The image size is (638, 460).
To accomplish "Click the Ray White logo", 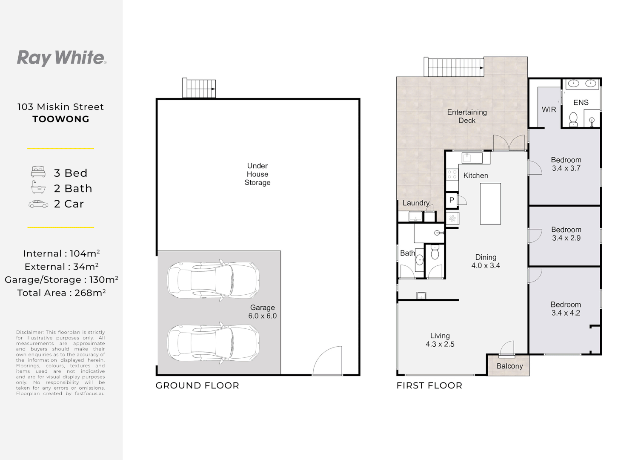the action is coord(62,58).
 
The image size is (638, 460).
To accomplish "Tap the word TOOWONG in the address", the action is coord(61,119).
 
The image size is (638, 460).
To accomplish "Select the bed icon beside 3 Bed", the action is coord(38,172).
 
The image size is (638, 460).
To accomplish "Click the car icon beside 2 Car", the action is coord(38,204).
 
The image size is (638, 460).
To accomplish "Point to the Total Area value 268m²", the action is coord(90,293).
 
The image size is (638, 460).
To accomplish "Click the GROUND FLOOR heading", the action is coord(197,385).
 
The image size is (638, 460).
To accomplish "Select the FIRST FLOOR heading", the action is coord(429,385).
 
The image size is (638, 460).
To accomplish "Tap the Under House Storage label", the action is coord(257,174).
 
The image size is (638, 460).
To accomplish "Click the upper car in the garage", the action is coord(213,280).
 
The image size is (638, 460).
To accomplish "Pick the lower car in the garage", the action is coord(213,343).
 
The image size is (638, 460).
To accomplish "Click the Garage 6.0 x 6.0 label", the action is coord(262,312).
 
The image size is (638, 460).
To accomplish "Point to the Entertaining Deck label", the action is coord(467,116).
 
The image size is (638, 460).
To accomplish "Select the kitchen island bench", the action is coord(490,204).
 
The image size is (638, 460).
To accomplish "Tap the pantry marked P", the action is coord(452,200).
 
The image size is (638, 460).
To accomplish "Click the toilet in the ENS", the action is coord(573,119).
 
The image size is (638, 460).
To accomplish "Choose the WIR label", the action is coord(549,109).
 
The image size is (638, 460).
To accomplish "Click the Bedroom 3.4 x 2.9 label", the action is coord(566,234).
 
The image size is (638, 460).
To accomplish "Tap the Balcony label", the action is coord(509,366).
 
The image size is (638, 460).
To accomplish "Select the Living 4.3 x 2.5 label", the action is coord(440,340).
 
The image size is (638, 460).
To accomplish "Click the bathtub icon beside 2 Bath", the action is coord(38,187).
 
